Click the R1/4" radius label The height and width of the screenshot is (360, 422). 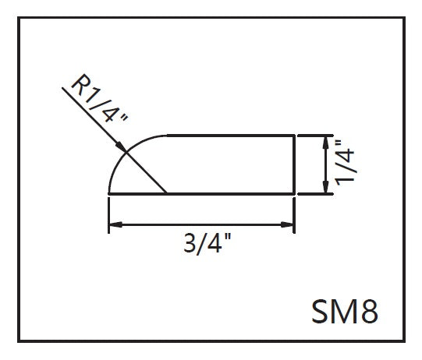click(99, 98)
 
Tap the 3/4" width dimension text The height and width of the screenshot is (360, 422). click(207, 243)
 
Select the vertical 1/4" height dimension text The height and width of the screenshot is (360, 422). click(346, 163)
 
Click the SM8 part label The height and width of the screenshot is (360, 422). click(345, 312)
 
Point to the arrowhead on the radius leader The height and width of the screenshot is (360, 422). click(121, 147)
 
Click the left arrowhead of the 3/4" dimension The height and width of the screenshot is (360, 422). click(115, 224)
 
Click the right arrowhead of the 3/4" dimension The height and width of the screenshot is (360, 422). click(287, 224)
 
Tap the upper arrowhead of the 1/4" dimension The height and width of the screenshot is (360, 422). click(325, 143)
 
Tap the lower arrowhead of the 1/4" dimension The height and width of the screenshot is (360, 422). click(325, 186)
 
